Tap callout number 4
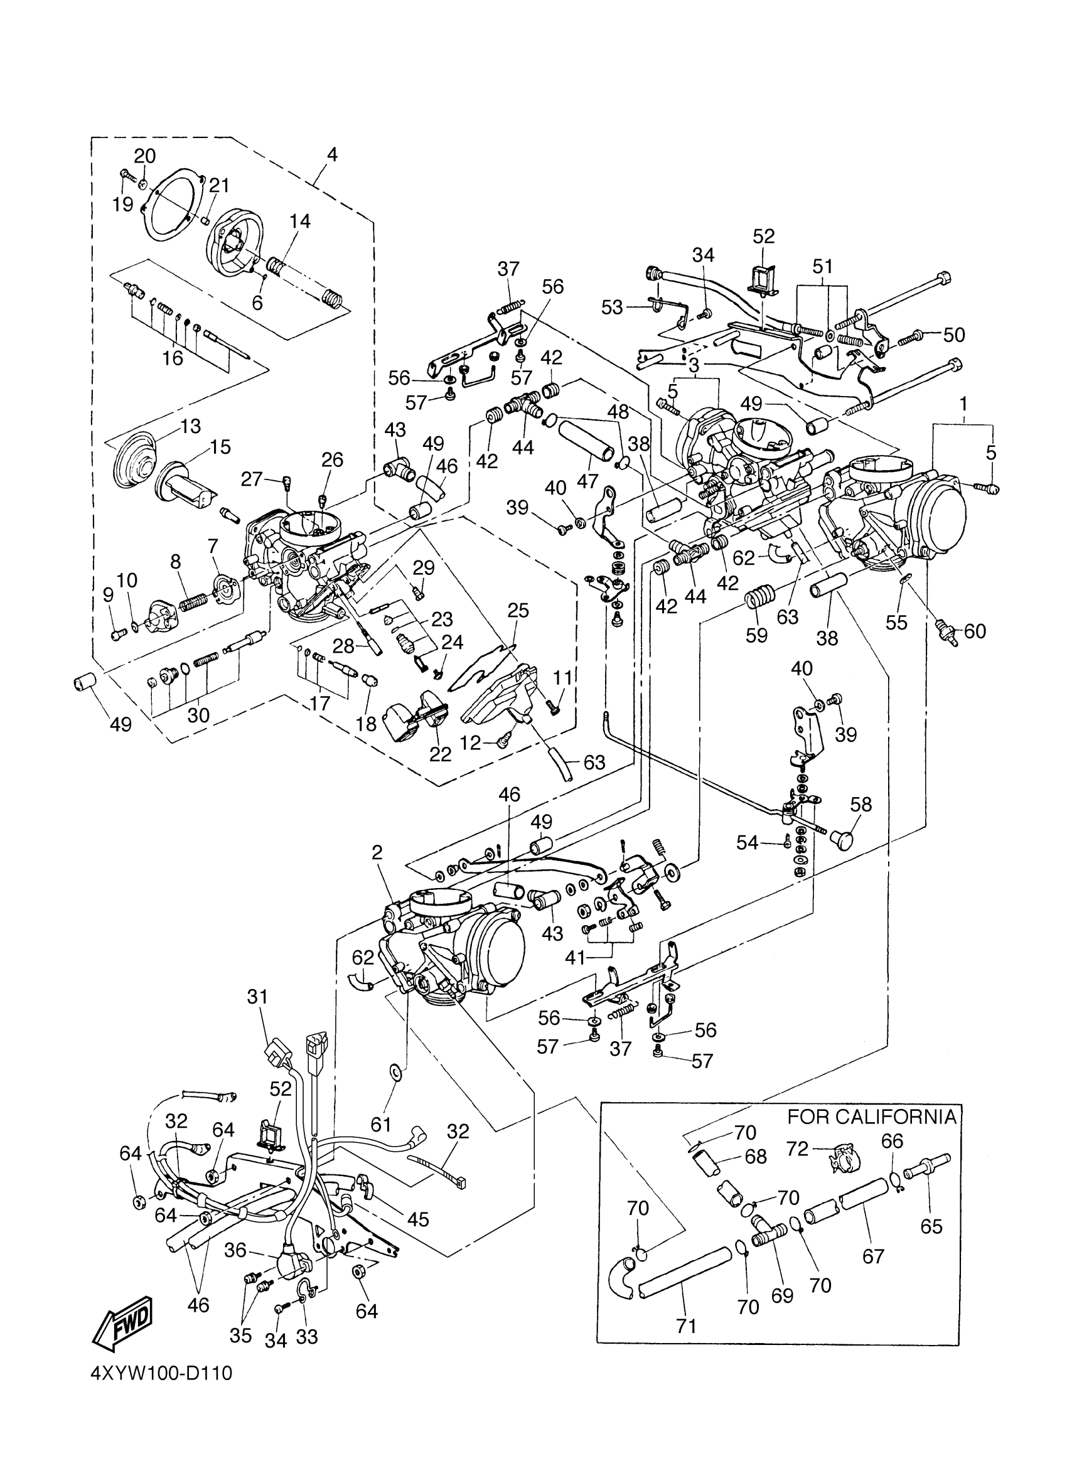pyautogui.click(x=332, y=154)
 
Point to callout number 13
pyautogui.click(x=190, y=427)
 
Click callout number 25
pyautogui.click(x=518, y=611)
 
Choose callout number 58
pyautogui.click(x=861, y=805)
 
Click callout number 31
pyautogui.click(x=258, y=996)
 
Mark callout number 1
pyautogui.click(x=963, y=404)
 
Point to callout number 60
pyautogui.click(x=975, y=631)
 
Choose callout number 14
pyautogui.click(x=299, y=222)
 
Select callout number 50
pyautogui.click(x=954, y=335)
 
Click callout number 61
pyautogui.click(x=381, y=1123)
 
